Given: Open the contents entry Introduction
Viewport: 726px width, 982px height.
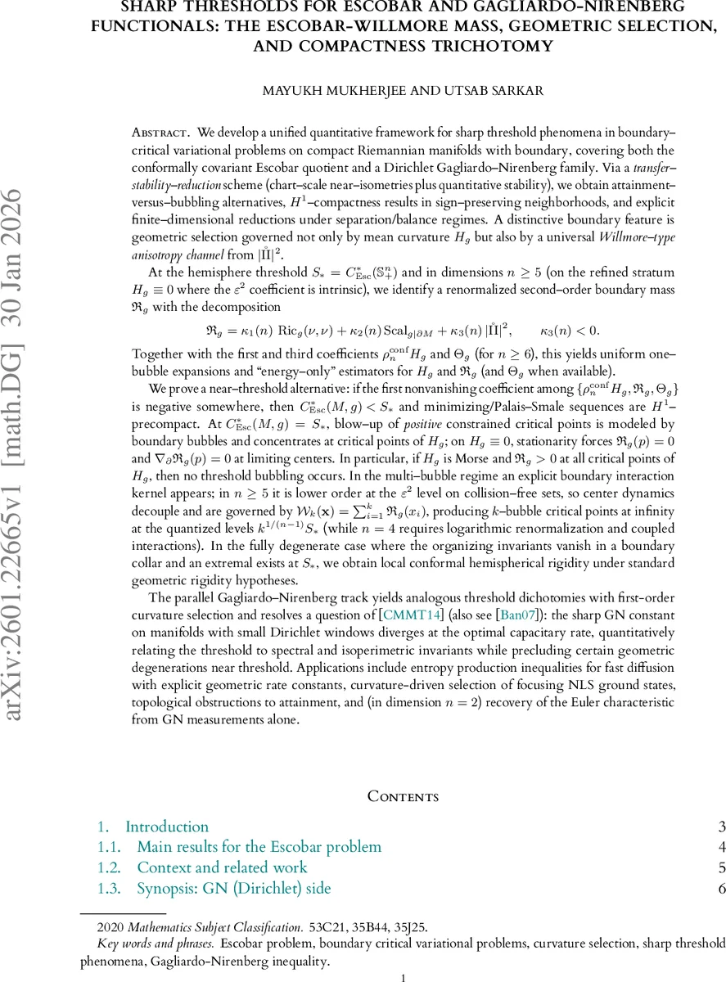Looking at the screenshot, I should [166, 827].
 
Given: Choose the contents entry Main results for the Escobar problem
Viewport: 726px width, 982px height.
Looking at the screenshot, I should [259, 847].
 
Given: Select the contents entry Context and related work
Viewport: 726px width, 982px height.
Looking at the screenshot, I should [222, 867].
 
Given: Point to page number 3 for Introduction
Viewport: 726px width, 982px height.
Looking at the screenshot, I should [721, 827].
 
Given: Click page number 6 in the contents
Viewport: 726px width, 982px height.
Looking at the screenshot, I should [721, 888].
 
